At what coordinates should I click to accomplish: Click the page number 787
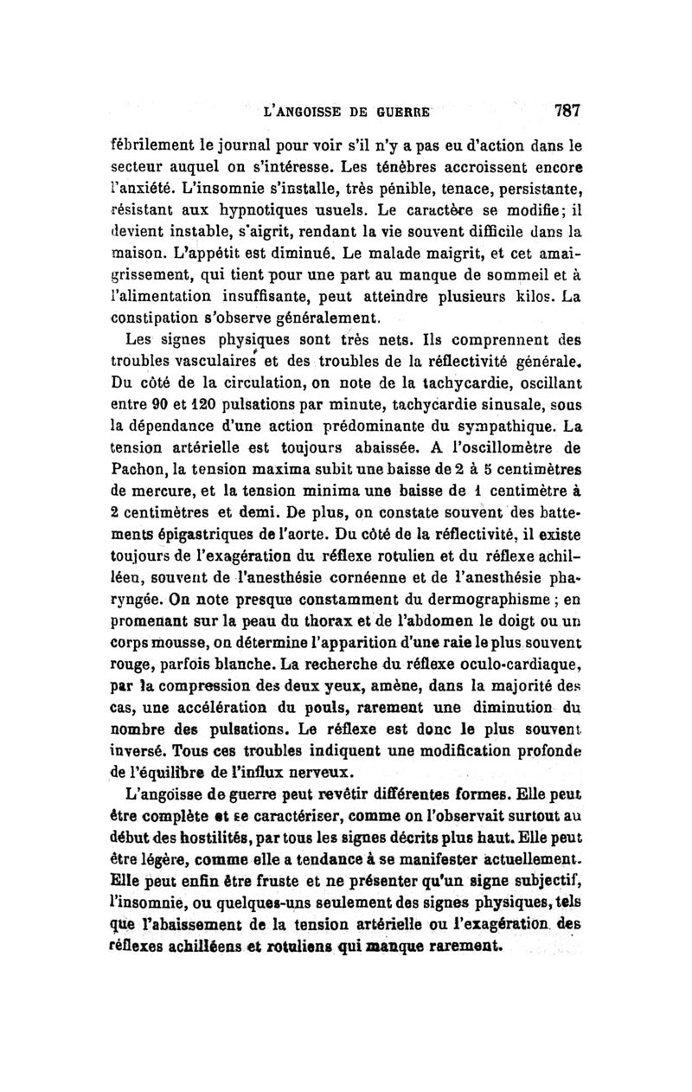554,111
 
